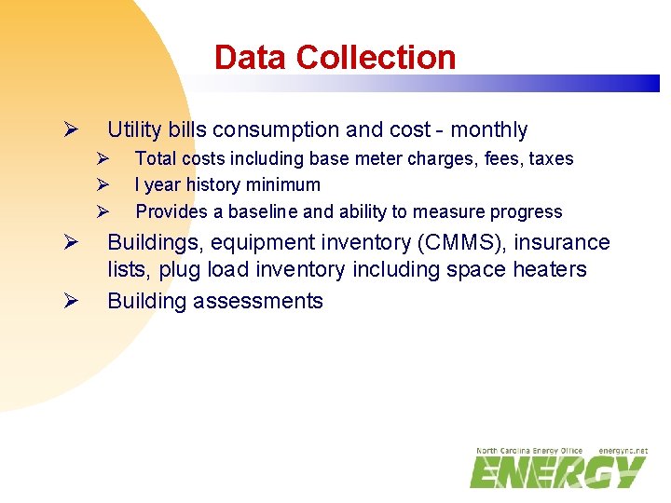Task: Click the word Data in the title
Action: [x=251, y=58]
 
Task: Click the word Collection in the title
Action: [x=376, y=58]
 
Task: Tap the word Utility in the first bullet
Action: [x=135, y=130]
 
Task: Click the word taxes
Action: [x=551, y=159]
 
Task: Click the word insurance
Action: [x=565, y=243]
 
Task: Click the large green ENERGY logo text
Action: [x=557, y=472]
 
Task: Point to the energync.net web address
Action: [x=623, y=451]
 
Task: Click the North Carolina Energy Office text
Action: [x=529, y=451]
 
